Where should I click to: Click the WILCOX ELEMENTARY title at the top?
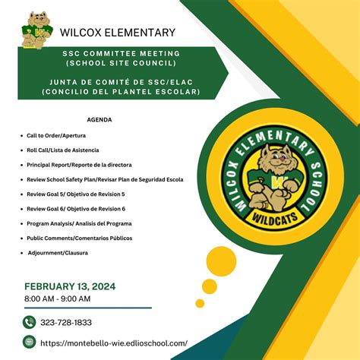(117, 32)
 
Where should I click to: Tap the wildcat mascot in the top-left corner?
(35, 27)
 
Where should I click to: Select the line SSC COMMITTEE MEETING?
(122, 54)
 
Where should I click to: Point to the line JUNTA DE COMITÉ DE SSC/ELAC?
(122, 82)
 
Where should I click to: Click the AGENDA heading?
(99, 120)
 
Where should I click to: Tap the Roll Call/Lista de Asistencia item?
(63, 150)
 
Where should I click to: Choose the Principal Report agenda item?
(79, 165)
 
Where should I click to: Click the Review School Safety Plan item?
(105, 179)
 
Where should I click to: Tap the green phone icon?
(30, 322)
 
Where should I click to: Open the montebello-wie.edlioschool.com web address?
(114, 343)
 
